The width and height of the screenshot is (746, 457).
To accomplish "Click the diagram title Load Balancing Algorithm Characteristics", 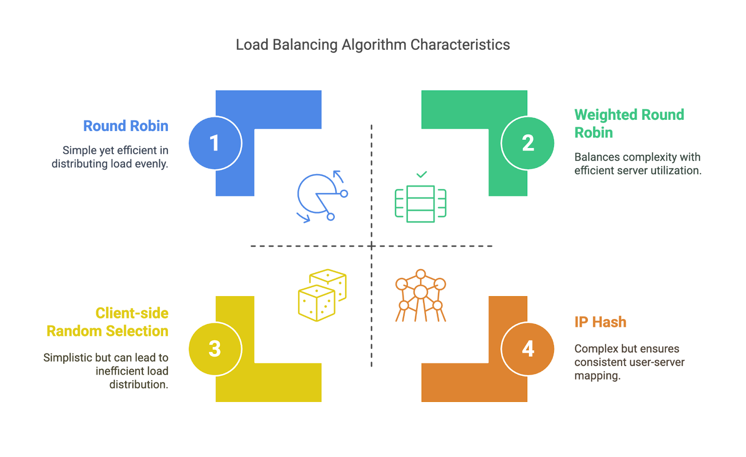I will tap(373, 45).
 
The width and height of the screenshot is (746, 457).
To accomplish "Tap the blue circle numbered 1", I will tap(214, 143).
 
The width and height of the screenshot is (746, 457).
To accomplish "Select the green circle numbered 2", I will tap(528, 143).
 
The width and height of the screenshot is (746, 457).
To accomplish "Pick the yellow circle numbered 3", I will tap(214, 348).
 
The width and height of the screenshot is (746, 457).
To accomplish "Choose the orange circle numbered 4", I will tap(528, 348).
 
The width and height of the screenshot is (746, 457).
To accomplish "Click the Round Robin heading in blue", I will tap(125, 126).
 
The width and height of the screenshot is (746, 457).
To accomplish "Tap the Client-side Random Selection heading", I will tap(108, 322).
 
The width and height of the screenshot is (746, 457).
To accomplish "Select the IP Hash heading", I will tap(600, 322).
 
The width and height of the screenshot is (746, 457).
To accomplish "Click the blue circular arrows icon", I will tap(321, 196).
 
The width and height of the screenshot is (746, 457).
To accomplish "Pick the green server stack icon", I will tap(421, 203).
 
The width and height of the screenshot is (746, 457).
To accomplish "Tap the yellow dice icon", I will tap(322, 295).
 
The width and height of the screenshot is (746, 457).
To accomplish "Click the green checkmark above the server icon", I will tap(421, 174).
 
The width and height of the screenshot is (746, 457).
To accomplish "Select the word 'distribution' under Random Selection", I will tap(138, 385).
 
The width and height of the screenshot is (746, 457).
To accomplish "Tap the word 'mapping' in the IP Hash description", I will tap(597, 376).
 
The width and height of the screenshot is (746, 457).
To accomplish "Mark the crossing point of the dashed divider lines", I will tap(372, 246).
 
